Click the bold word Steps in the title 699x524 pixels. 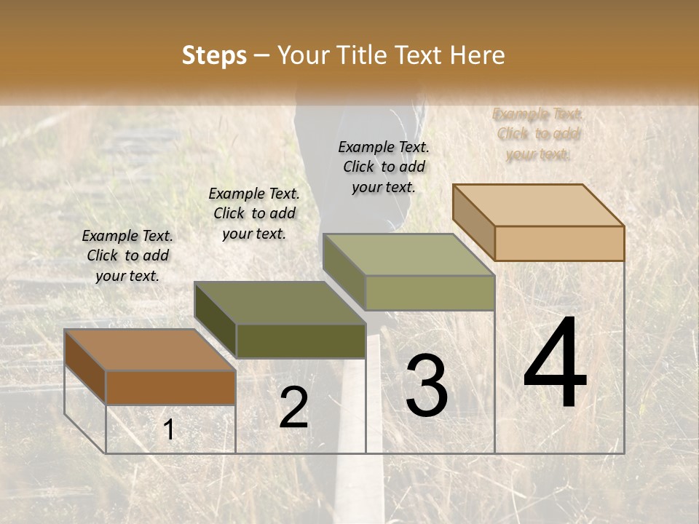[214, 55]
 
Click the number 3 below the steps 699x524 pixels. [426, 386]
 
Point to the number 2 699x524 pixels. [293, 408]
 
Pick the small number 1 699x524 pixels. [169, 430]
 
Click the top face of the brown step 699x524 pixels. [149, 349]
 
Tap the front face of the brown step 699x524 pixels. [170, 387]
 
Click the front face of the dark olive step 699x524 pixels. [301, 341]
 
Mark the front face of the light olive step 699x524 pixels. [430, 293]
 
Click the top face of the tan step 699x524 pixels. [538, 205]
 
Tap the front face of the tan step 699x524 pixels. [559, 243]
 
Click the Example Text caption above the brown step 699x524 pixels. [127, 255]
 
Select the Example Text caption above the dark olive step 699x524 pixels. [254, 213]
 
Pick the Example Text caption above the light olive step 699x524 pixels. [384, 167]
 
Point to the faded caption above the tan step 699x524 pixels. [538, 134]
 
